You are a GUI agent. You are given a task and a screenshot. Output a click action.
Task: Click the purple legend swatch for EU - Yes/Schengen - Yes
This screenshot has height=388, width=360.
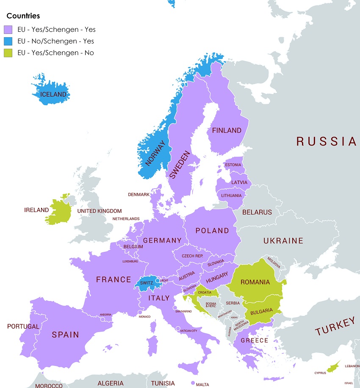click(8, 30)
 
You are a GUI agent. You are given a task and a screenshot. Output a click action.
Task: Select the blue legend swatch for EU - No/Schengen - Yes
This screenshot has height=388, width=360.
click(8, 41)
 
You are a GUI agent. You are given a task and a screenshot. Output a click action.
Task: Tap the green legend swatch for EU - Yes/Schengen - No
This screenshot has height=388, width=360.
click(8, 53)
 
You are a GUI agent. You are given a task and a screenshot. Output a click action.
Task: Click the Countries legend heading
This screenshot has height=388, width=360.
click(23, 16)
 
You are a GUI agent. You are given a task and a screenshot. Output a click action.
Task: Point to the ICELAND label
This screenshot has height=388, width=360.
click(53, 95)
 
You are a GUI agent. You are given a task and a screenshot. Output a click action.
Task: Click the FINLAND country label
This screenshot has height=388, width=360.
click(227, 131)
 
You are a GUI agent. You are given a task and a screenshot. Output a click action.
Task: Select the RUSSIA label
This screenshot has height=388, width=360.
click(327, 142)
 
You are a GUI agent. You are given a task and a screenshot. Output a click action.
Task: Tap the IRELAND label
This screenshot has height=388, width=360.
click(36, 210)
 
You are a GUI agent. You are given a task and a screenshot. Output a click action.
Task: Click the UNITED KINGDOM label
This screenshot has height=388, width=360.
click(100, 211)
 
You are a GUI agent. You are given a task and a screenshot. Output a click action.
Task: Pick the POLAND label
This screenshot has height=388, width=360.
click(212, 231)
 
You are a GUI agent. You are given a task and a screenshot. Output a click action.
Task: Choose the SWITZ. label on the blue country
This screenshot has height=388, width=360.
click(146, 283)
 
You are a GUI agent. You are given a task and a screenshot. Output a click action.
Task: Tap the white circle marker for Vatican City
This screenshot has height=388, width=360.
click(178, 327)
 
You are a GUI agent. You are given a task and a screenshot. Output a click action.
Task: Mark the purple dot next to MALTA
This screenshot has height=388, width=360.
click(193, 383)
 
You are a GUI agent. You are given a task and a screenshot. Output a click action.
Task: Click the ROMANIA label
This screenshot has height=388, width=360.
click(255, 282)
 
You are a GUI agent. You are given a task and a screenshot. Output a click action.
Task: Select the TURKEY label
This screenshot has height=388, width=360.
click(335, 327)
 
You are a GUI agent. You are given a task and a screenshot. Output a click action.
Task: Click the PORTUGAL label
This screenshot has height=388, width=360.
click(23, 327)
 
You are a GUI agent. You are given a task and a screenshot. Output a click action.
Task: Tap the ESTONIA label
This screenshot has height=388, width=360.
click(233, 165)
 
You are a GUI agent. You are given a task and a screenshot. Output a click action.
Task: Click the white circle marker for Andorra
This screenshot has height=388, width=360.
click(103, 319)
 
